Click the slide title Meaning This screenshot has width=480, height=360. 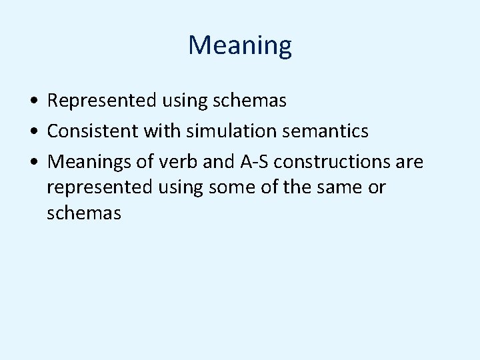[x=240, y=45]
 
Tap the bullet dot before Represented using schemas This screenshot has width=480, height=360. [x=33, y=101]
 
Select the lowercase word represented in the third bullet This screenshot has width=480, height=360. [x=100, y=187]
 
